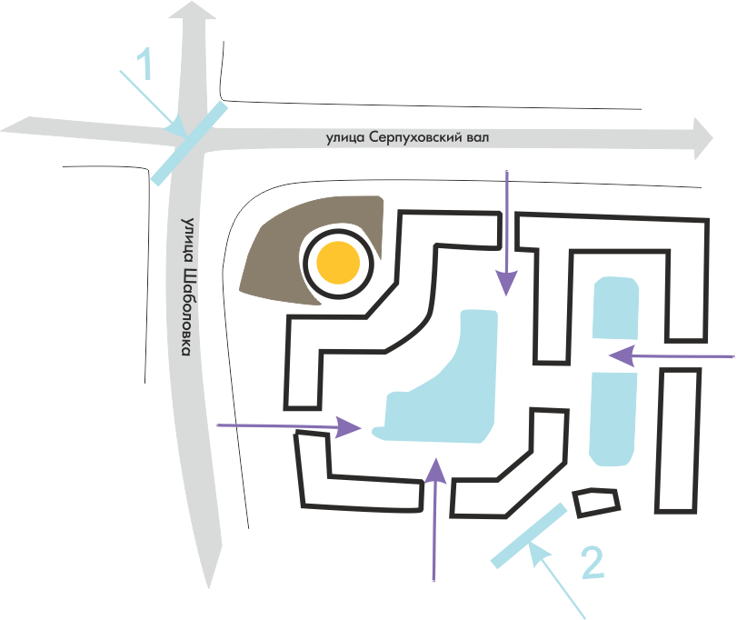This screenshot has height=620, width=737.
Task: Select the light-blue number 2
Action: coord(591,565)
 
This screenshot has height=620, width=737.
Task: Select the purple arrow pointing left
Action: coord(672,355)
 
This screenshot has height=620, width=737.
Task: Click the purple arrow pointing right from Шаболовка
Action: coord(291,425)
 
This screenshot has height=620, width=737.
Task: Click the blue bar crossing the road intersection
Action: coord(189,144)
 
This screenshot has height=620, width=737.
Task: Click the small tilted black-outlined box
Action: coord(596,502)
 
